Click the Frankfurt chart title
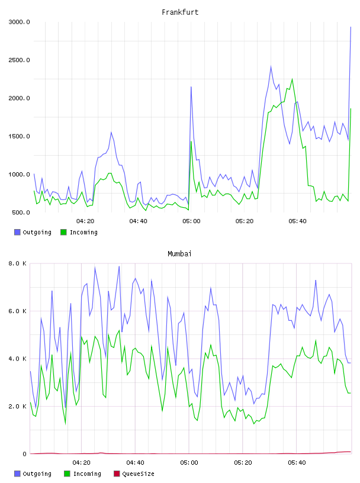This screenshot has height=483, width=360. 180,12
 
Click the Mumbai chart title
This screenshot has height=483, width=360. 179,253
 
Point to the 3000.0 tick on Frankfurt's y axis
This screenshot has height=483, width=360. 19,22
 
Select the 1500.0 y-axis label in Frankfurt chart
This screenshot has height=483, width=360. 19,136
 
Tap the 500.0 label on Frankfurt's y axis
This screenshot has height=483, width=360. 21,212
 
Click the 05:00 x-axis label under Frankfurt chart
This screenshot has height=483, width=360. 191,221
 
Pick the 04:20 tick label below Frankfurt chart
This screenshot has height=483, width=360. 85,221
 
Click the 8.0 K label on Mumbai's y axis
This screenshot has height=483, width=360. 18,263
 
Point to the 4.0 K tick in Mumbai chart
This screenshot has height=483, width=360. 18,359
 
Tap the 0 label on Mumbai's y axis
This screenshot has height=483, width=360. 24,454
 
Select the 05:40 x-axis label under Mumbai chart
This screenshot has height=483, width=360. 297,462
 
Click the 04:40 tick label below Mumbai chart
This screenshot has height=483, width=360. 135,462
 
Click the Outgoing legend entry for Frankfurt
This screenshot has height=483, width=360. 33,232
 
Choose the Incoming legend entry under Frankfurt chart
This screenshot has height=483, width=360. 79,232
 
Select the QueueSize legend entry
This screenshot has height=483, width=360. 134,474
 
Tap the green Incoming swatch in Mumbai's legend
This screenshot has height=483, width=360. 67,474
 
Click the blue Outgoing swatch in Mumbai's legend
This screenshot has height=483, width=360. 17,474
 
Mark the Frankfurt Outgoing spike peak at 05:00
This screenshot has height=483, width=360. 191,87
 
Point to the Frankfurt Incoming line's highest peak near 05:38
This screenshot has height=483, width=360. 292,79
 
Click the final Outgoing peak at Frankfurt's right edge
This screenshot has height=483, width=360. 351,27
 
